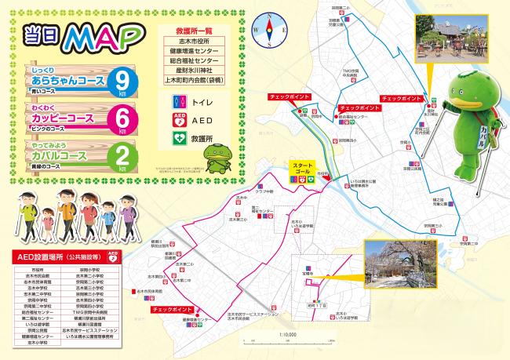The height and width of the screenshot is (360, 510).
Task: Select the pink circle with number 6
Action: point(122,118)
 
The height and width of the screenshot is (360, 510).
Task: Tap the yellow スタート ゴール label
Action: point(303,167)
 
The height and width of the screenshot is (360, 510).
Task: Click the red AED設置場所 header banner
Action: point(67,256)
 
